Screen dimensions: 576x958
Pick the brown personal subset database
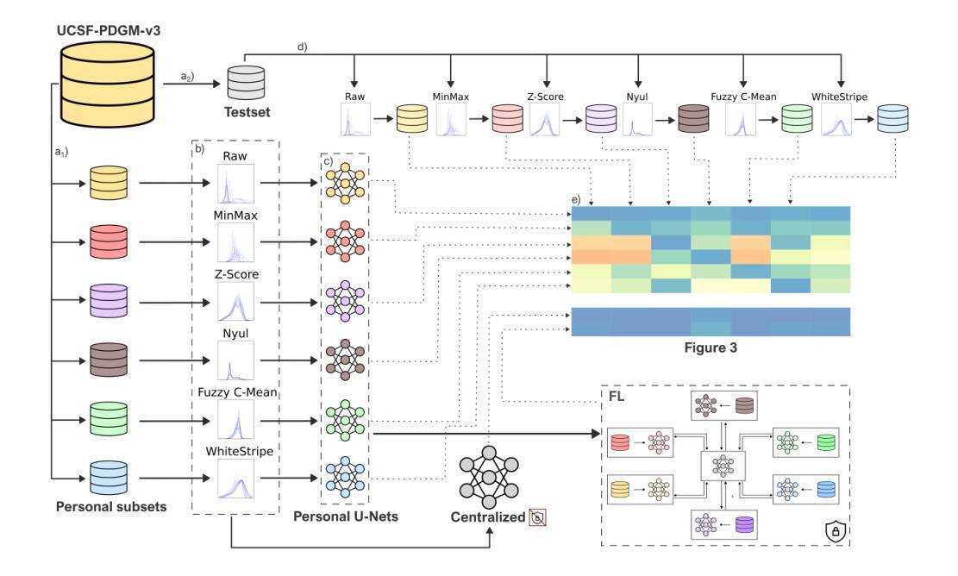pyautogui.click(x=110, y=355)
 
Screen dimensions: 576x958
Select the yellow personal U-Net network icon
pyautogui.click(x=343, y=182)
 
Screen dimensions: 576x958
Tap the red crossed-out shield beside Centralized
pyautogui.click(x=542, y=518)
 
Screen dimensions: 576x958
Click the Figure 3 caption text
pyautogui.click(x=710, y=351)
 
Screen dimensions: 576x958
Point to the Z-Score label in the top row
pyautogui.click(x=545, y=97)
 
